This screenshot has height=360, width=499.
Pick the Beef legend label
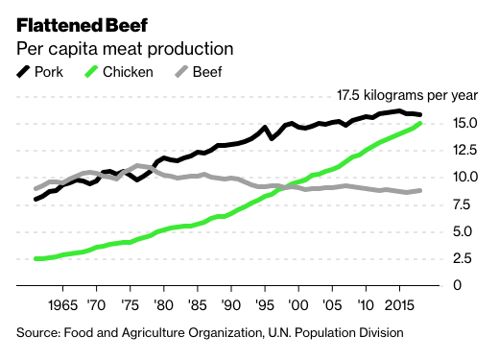coord(207,72)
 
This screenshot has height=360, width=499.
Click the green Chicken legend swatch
coord(90,72)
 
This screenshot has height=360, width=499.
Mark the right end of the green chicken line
coord(420,124)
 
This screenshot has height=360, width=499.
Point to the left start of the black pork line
coord(36,199)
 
